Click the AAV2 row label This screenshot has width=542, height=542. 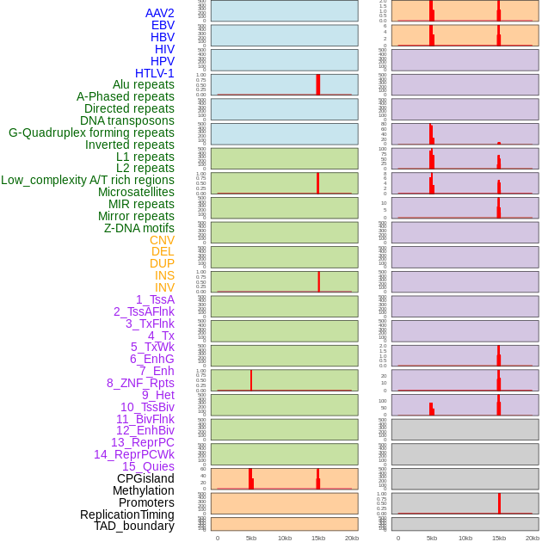coord(160,13)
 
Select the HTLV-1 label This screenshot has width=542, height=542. coord(155,73)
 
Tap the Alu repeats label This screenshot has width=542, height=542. coord(144,84)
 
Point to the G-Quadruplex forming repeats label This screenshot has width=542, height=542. coord(91,132)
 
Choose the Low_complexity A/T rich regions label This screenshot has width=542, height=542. coord(88,180)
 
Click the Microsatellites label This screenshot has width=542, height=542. coord(136,192)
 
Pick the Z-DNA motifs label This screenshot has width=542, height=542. coord(139,228)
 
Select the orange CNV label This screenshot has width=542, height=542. coord(162,240)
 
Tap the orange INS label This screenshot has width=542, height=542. coord(164,275)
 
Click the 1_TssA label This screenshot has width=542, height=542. coord(155,299)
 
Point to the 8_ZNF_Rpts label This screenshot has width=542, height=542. coord(140,383)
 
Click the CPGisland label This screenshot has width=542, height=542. coord(145,478)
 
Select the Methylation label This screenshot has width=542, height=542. coord(143,490)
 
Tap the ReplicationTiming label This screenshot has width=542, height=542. coord(126,514)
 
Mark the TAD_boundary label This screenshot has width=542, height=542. coord(134,526)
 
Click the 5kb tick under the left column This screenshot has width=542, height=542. coord(251,538)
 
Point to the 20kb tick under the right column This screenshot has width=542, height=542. coord(533,538)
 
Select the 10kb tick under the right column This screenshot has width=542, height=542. coord(465,538)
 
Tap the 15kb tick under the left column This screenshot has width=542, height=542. coord(318,538)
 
